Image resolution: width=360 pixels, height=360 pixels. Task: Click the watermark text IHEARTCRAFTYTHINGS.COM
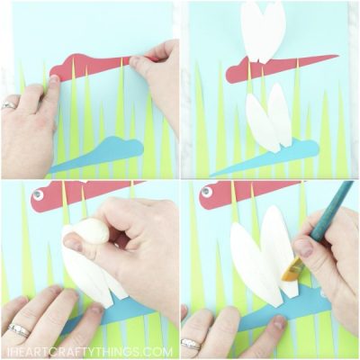(180, 352)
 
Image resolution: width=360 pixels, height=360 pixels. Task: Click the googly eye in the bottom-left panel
(38, 192)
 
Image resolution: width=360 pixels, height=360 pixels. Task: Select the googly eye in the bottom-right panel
(206, 191)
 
